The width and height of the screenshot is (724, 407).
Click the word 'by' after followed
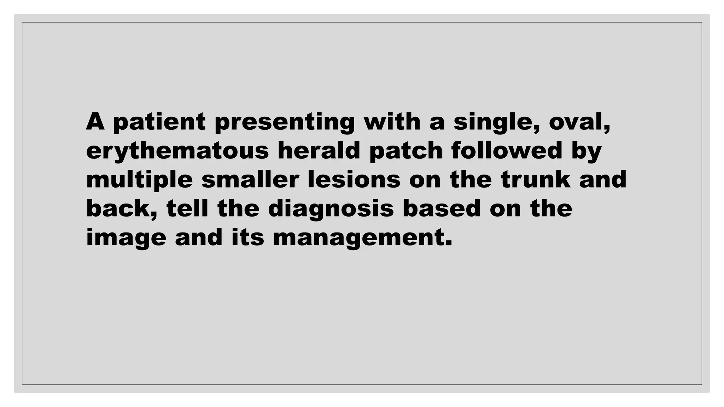click(586, 151)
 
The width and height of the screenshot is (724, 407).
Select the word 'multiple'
click(139, 180)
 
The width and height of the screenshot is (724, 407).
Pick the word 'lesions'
click(354, 179)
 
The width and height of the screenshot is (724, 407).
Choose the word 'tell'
click(187, 208)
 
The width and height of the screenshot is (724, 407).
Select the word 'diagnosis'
click(331, 209)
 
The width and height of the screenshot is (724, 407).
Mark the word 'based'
click(442, 208)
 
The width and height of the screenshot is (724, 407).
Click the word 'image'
click(126, 238)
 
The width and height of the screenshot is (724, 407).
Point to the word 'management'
click(362, 238)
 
